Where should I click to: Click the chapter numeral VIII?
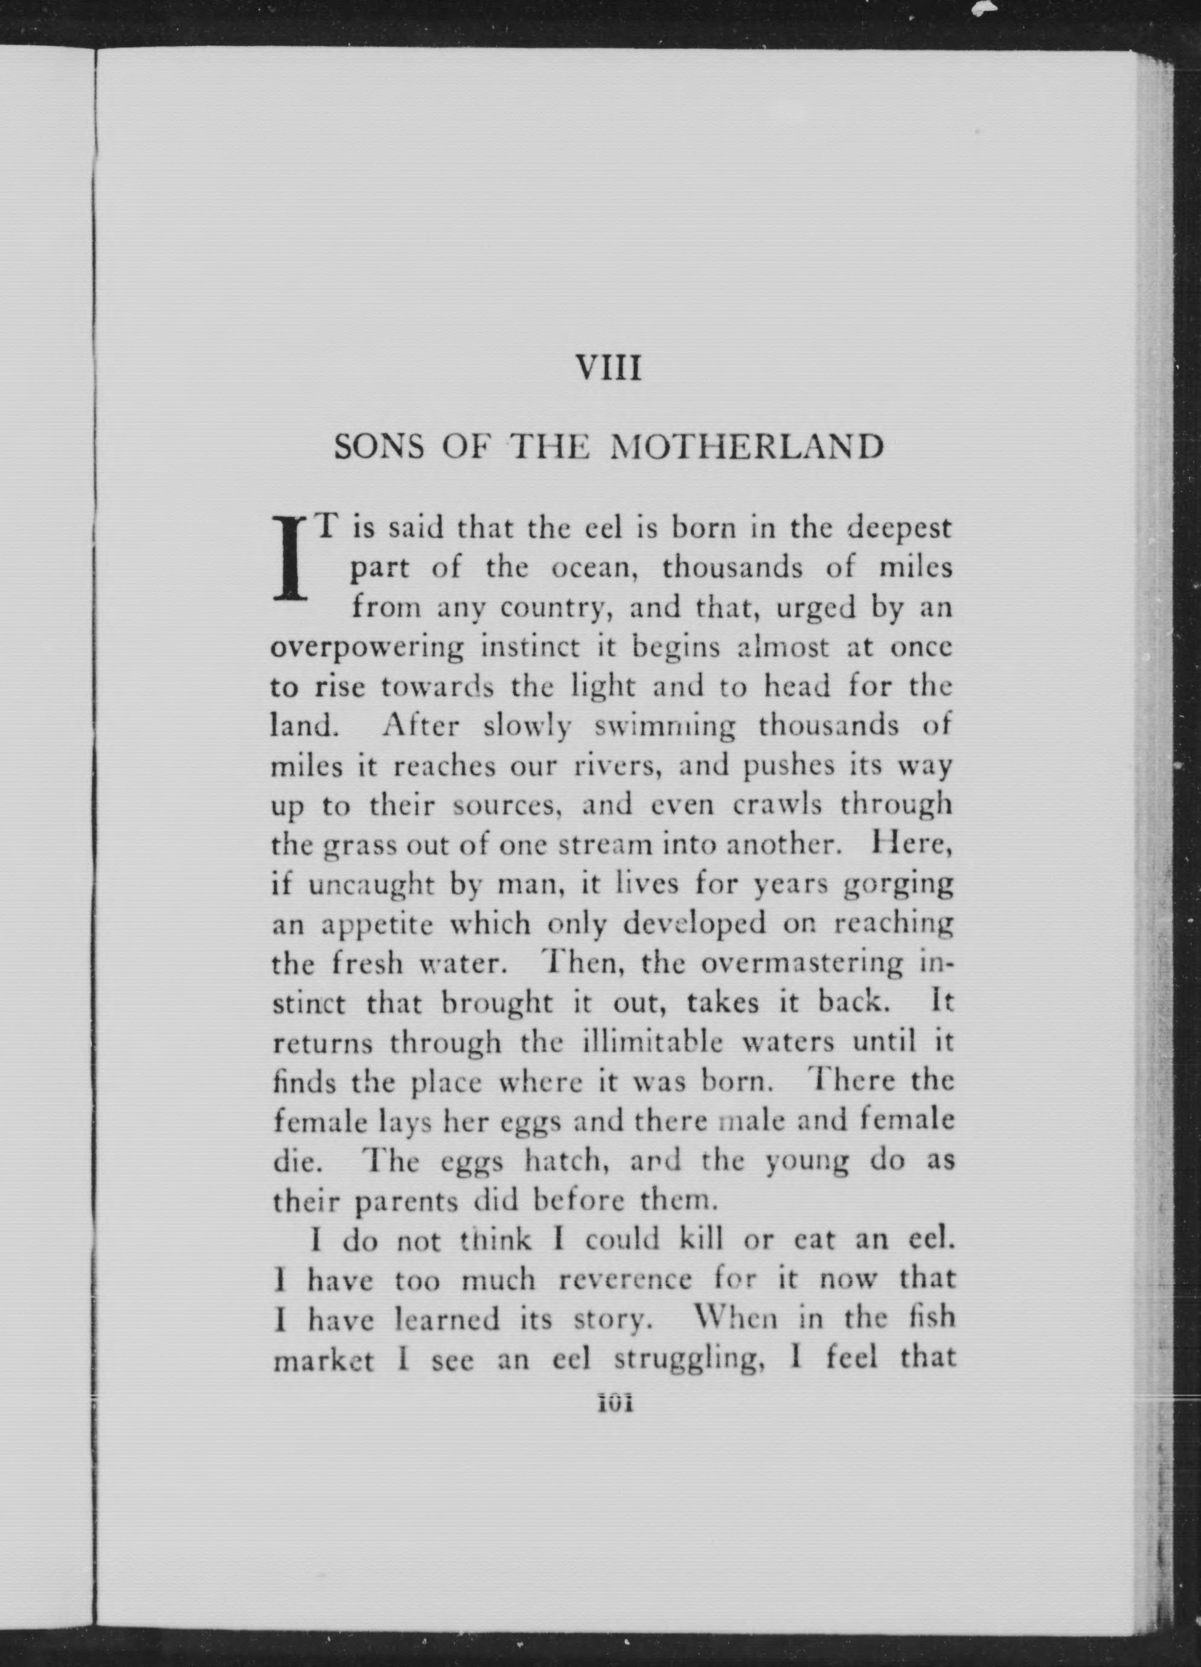click(x=609, y=368)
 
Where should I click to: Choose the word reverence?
click(x=625, y=1281)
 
